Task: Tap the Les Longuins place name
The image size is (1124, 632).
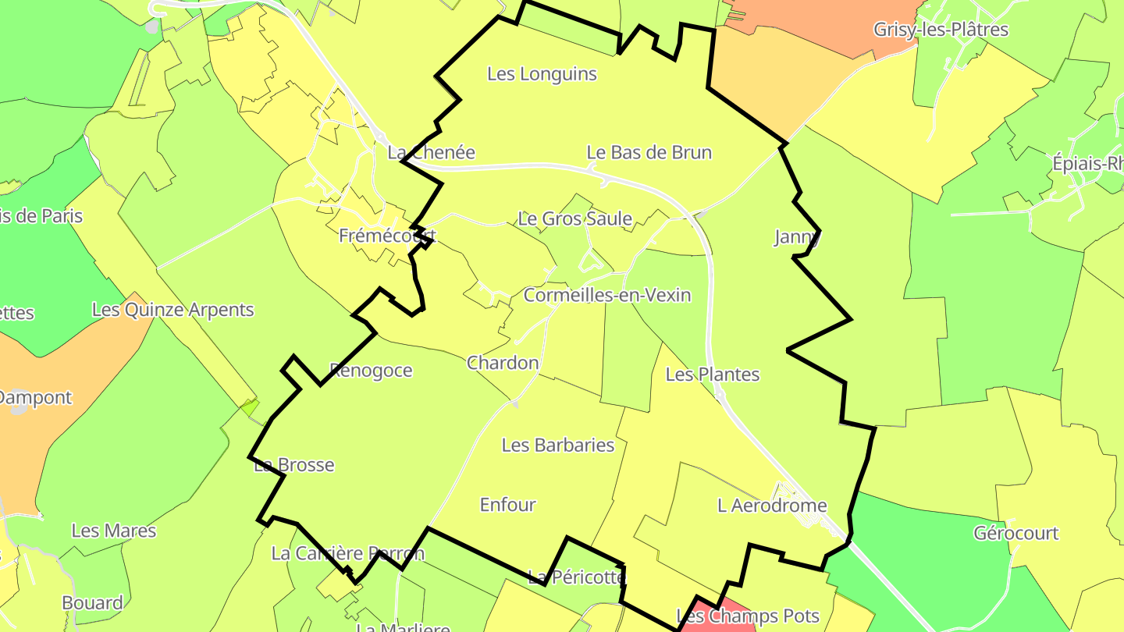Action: [x=542, y=74]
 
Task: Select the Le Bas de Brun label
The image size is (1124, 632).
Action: [x=649, y=152]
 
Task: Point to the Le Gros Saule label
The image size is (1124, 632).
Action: [x=574, y=219]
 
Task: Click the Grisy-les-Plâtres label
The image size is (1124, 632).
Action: [x=941, y=30]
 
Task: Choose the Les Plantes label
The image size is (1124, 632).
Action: [x=712, y=375]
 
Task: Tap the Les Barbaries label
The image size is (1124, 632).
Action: [x=558, y=446]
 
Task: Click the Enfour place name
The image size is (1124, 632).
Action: [x=507, y=505]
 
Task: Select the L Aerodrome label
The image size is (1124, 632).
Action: [x=771, y=506]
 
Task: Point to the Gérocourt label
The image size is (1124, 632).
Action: [x=1016, y=534]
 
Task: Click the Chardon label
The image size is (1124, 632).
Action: [x=503, y=363]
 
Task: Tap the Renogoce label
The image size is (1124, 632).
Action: [x=371, y=371]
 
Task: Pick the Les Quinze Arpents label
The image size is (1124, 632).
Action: [x=173, y=310]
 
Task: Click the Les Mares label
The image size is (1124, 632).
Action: [x=113, y=531]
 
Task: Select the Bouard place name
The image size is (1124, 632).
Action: [x=92, y=603]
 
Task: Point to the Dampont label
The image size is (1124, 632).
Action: [x=35, y=398]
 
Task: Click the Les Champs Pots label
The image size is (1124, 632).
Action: [x=747, y=616]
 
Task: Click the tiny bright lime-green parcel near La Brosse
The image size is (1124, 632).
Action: [x=249, y=407]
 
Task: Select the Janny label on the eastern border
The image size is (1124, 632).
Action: [x=797, y=237]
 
